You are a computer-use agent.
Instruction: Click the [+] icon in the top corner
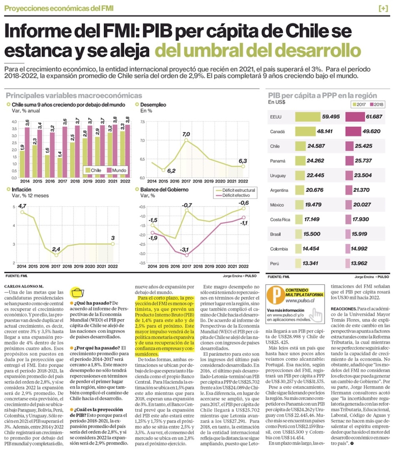pyautogui.click(x=383, y=8)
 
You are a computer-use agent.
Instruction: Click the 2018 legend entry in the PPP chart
pyautogui.click(x=376, y=104)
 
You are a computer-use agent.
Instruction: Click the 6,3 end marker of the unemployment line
pyautogui.click(x=244, y=166)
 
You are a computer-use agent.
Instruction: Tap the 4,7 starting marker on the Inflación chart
pyautogui.click(x=22, y=212)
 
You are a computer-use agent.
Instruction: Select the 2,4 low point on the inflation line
pyautogui.click(x=56, y=255)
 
